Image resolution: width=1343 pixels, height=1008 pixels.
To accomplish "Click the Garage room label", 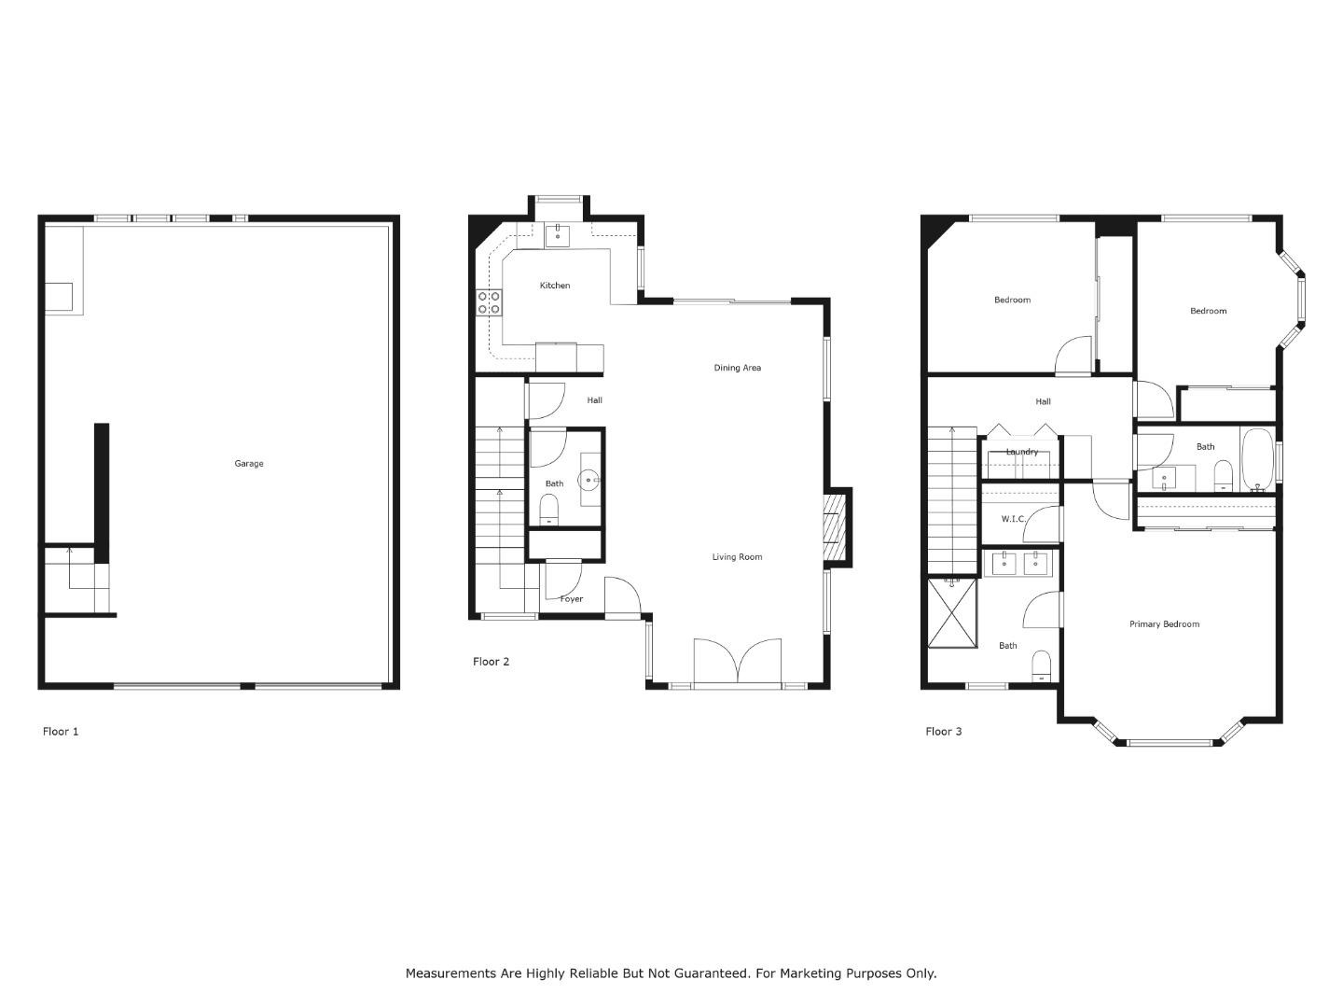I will [x=248, y=464].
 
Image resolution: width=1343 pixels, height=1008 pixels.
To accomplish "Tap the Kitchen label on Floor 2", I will [x=555, y=286].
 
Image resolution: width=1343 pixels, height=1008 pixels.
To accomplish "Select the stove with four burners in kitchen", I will [x=490, y=301].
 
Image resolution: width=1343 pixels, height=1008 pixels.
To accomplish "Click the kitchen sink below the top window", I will [x=558, y=234].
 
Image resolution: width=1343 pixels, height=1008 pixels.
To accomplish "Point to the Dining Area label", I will [x=738, y=368].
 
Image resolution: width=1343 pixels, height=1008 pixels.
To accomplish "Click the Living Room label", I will [x=738, y=557].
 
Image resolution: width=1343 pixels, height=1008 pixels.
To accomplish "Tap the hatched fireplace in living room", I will [x=834, y=530].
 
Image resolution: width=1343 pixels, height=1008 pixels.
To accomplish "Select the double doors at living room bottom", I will [x=738, y=662].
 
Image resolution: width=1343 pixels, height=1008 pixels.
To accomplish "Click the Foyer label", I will [x=572, y=599].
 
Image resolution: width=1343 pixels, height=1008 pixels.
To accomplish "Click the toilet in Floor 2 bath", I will [x=548, y=510].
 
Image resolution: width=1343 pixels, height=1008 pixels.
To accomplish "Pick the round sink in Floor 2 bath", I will [x=589, y=480].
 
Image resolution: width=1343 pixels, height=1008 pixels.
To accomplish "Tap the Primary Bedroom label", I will [x=1164, y=624].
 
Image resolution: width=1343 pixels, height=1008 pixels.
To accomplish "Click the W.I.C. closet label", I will [x=1014, y=519].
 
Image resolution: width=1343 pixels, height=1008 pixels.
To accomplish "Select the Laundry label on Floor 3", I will [x=1022, y=452].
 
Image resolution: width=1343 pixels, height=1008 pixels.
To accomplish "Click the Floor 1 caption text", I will [x=61, y=732].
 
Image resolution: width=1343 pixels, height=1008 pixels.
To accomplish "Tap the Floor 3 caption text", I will [x=944, y=732].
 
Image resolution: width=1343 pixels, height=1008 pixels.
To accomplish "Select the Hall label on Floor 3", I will [x=1044, y=402].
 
